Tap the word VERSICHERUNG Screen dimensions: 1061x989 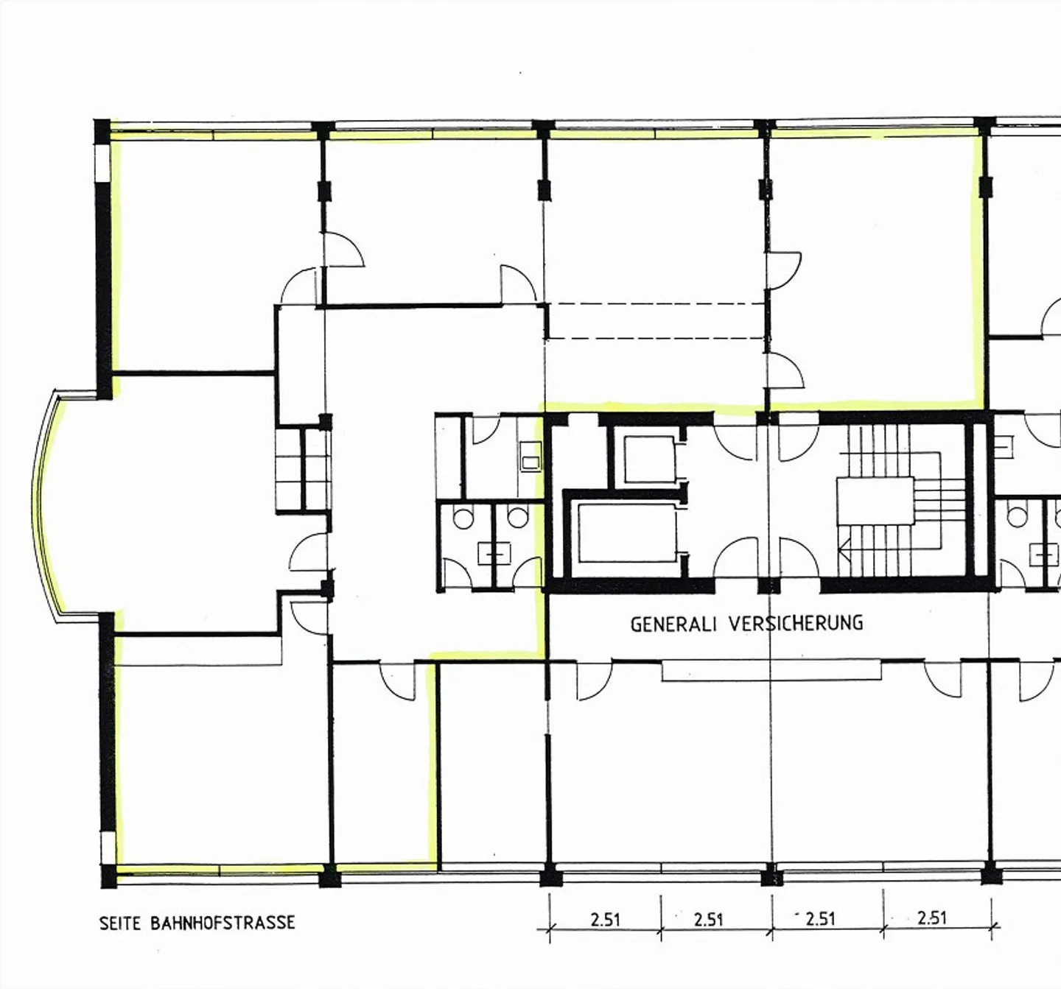click(796, 623)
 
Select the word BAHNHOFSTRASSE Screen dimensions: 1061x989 click(223, 923)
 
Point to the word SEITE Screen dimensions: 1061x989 click(120, 923)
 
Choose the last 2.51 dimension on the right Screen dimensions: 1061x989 click(932, 918)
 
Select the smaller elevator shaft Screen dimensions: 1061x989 click(648, 460)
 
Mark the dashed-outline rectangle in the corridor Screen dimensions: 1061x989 click(656, 321)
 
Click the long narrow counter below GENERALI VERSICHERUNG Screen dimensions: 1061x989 click(771, 670)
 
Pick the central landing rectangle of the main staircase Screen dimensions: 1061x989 click(875, 501)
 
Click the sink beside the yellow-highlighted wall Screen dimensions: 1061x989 click(530, 456)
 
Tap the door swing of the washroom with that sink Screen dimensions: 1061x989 click(486, 430)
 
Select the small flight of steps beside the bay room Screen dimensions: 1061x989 click(302, 469)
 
